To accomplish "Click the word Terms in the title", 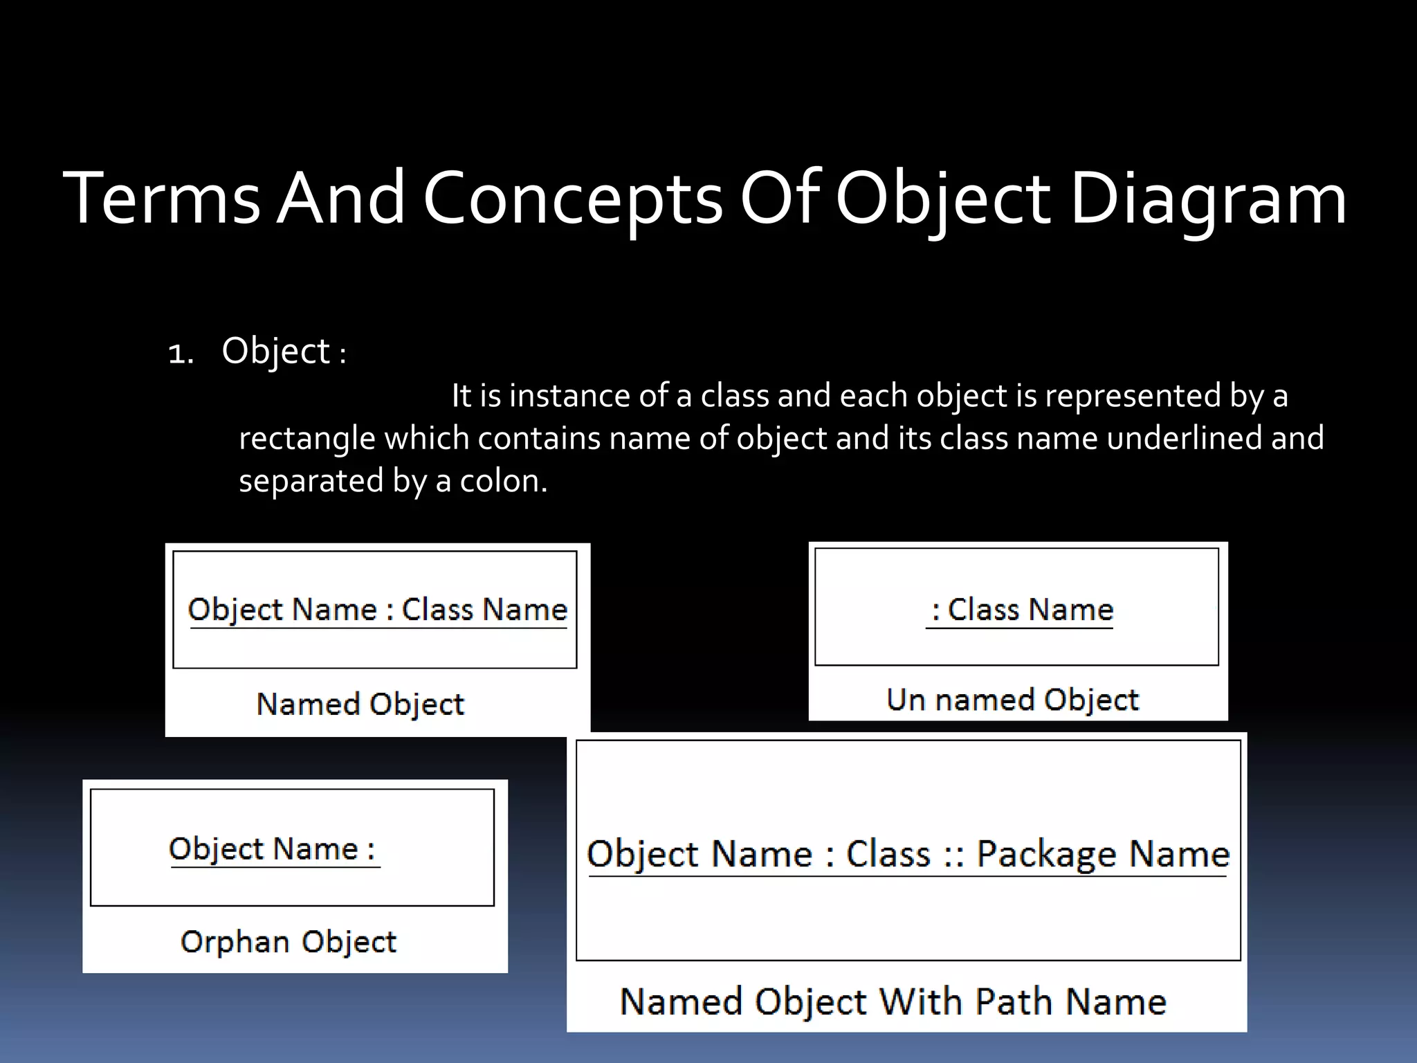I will click(161, 199).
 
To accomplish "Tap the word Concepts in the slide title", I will click(573, 199).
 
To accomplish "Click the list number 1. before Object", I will click(181, 354).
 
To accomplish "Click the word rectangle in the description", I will click(307, 439).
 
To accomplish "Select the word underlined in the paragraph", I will click(1185, 439).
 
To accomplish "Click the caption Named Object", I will click(360, 705).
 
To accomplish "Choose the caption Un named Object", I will click(1012, 700).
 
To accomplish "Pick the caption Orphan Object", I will click(289, 942).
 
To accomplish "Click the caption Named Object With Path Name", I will click(893, 1001).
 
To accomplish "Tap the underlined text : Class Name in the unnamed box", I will click(1022, 610).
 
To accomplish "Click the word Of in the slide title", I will click(780, 199).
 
